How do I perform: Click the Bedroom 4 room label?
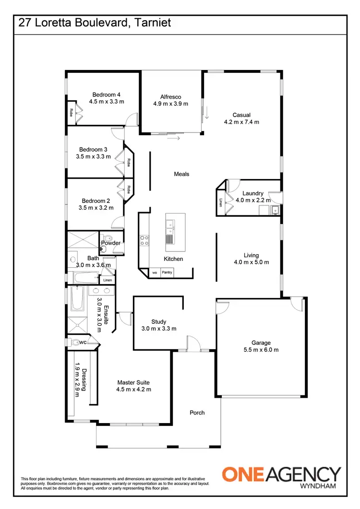(x=107, y=95)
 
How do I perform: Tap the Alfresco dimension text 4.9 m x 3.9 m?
(x=170, y=104)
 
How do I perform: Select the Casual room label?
(x=242, y=115)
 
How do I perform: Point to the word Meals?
(x=181, y=174)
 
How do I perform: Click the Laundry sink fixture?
(x=275, y=210)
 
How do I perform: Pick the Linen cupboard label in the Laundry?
(x=221, y=202)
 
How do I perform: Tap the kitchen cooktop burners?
(x=144, y=240)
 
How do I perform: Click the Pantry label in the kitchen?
(x=167, y=272)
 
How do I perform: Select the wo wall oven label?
(x=155, y=272)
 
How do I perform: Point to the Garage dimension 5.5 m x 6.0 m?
(x=261, y=350)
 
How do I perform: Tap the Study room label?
(x=158, y=322)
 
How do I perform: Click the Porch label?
(x=197, y=413)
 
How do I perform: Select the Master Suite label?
(x=133, y=383)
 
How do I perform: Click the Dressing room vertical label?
(x=84, y=379)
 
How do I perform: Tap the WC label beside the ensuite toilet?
(x=83, y=343)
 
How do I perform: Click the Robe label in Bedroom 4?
(x=71, y=113)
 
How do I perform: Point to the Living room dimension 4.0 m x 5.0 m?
(x=251, y=262)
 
